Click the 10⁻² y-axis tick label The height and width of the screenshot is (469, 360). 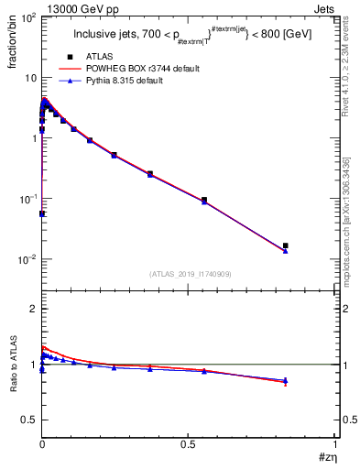[x=27, y=259]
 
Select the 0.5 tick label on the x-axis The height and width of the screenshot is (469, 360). [x=188, y=443]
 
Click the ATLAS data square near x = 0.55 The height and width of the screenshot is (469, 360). [x=204, y=200]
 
